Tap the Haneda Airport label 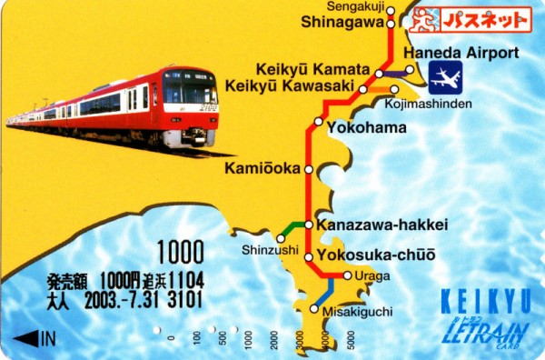coord(461,53)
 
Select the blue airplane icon coord(445,78)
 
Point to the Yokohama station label coord(366,127)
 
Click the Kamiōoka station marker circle coord(309,169)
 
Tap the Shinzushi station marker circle coord(281,238)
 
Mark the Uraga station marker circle coord(347,275)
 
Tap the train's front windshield coord(189,93)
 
